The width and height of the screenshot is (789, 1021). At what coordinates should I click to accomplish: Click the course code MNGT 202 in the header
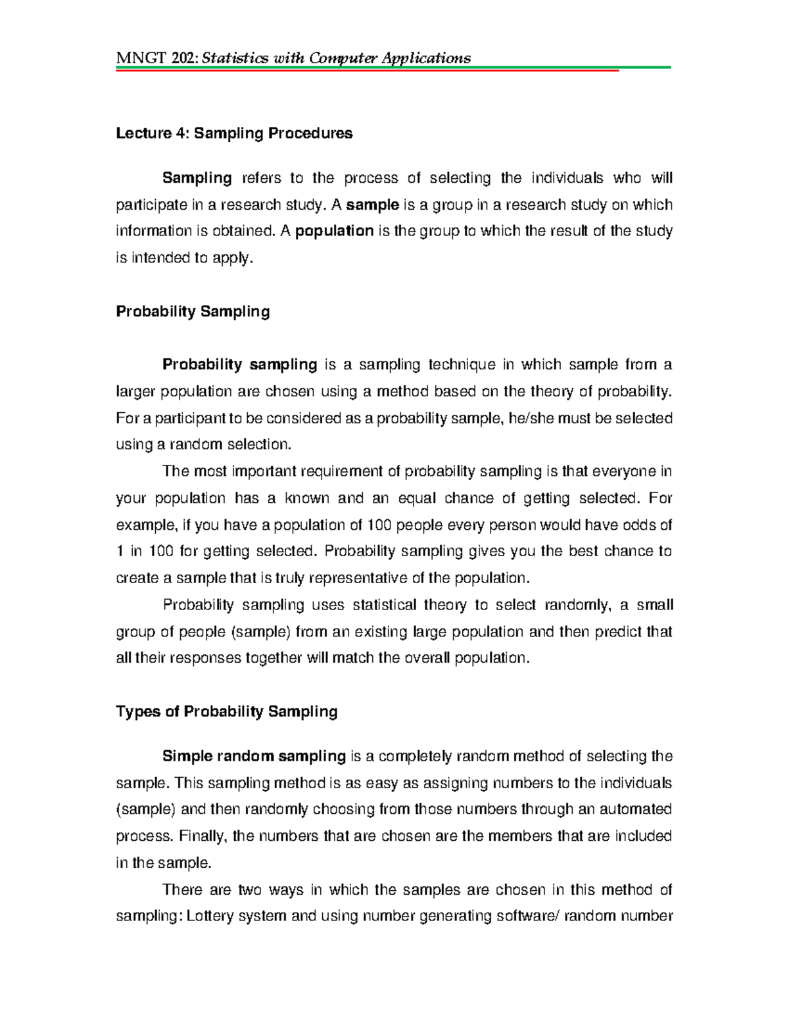[156, 58]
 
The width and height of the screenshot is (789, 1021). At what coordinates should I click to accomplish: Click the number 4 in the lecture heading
[180, 133]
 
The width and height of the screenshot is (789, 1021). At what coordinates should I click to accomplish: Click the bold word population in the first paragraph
[334, 231]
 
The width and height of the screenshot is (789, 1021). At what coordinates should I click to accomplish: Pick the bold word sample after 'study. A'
[373, 204]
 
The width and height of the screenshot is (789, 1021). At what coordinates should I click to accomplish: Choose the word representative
[358, 578]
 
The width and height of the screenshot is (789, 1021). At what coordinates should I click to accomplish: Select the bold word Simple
[185, 756]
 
